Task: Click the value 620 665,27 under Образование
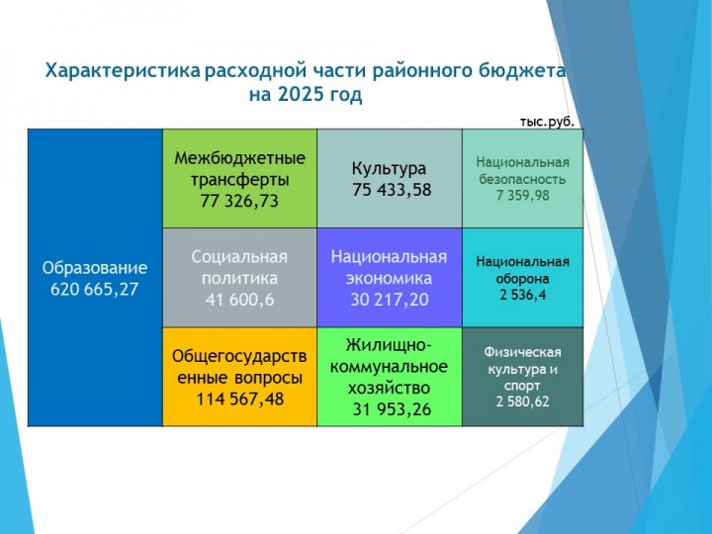tap(95, 289)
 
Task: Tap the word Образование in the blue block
tap(95, 268)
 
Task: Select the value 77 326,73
tap(239, 201)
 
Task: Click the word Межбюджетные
tap(239, 158)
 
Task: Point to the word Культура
tap(389, 169)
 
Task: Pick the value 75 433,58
tap(392, 190)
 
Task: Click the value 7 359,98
tap(523, 196)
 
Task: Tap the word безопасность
tap(522, 179)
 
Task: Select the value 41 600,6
tap(239, 300)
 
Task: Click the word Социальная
tap(239, 257)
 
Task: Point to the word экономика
tap(389, 278)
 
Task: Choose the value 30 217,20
tap(390, 300)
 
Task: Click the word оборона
tap(523, 278)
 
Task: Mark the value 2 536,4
tap(523, 295)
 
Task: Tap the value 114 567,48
tap(239, 400)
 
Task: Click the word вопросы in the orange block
tap(269, 378)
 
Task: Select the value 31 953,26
tap(392, 409)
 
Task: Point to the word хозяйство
tap(389, 389)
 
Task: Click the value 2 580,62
tap(523, 401)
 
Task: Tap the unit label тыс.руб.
tap(547, 122)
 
